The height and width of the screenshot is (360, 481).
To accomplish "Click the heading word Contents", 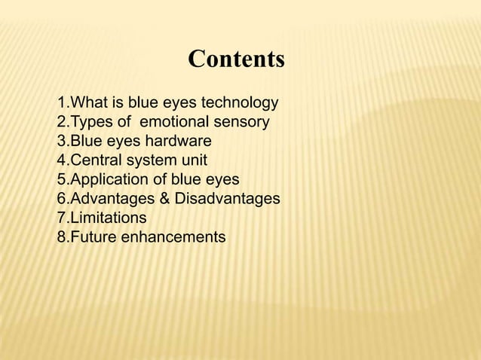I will [236, 59].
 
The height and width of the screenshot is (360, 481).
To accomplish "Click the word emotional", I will [182, 122].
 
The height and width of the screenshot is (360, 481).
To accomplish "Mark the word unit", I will [194, 160].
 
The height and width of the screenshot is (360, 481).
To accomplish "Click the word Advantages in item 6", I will [111, 199].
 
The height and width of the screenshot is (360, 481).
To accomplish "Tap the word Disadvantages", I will [226, 199].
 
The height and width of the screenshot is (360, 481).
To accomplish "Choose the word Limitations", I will [108, 218].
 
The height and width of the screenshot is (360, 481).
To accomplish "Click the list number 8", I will [61, 238].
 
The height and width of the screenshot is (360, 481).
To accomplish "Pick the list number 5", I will [61, 180].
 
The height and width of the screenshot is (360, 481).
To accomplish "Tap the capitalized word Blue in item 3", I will [85, 142].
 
